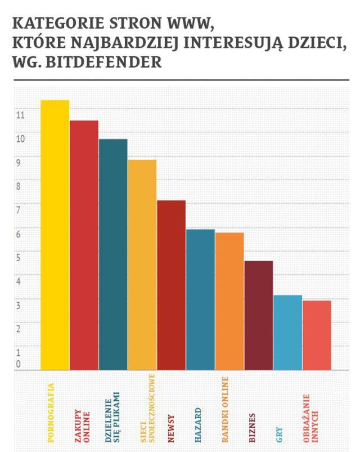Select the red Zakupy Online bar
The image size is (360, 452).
pos(84,245)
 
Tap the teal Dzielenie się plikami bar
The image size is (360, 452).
pos(113,254)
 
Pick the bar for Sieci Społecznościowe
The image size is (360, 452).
pos(142,265)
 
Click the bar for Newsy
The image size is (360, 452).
pos(171,285)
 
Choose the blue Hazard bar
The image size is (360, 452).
pos(200,299)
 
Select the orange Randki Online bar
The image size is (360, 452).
pos(229,301)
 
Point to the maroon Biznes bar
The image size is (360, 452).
pos(258,315)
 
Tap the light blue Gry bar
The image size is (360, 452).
pos(287,332)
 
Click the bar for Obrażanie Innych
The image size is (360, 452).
pos(317,335)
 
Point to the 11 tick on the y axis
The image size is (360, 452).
pos(20,115)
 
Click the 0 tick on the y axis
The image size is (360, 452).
pos(18,365)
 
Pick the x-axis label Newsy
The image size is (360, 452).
pos(169,425)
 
